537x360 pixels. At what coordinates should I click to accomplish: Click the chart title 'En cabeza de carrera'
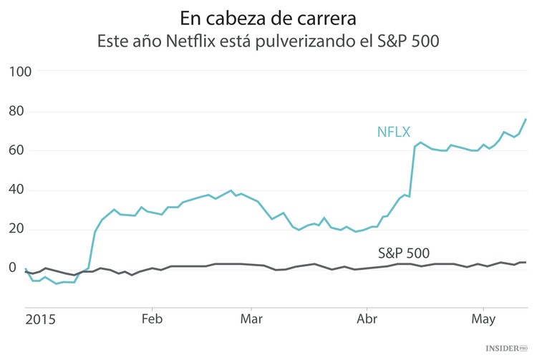268,16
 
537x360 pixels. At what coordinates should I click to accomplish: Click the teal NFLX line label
394,131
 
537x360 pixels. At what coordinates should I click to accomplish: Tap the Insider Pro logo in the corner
506,349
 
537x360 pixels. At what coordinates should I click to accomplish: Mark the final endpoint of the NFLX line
526,119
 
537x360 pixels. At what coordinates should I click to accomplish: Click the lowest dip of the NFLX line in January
57,284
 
